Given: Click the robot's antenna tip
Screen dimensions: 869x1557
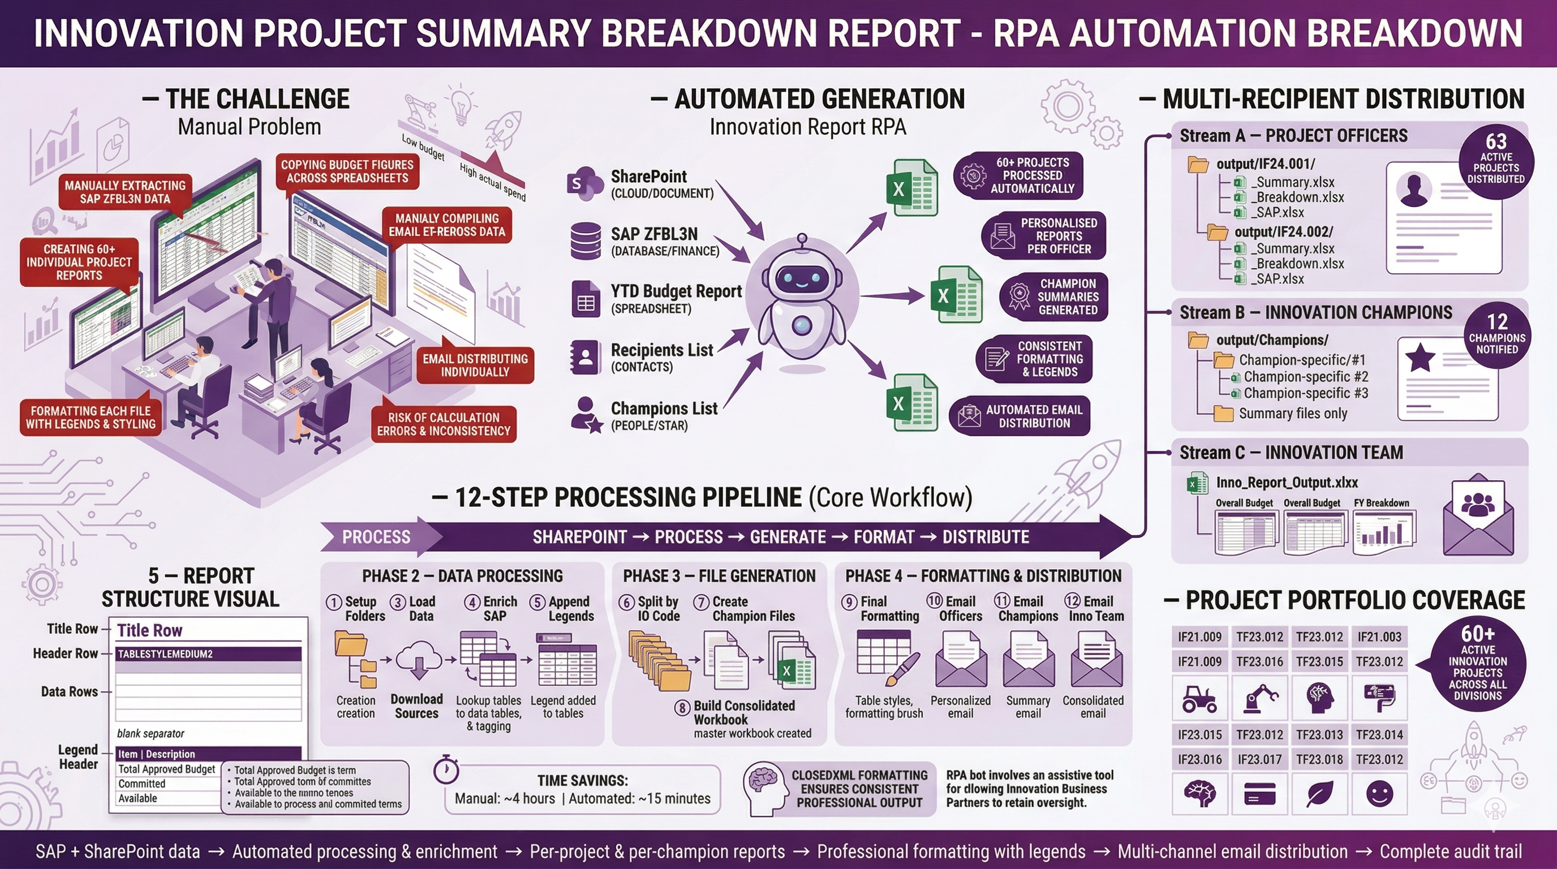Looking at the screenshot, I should [802, 238].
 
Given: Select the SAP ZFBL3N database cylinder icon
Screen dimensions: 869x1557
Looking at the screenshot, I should [585, 241].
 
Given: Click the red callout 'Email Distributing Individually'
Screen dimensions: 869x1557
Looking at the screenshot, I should [475, 365].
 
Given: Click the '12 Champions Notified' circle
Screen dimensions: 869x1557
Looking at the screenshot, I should [1496, 334].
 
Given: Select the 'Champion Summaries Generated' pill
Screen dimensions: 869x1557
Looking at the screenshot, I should [1053, 296].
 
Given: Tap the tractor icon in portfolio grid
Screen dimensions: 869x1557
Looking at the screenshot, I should [1199, 699].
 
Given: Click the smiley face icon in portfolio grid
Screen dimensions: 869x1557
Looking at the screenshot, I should [1379, 793].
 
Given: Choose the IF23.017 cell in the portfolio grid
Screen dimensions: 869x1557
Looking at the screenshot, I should [1259, 759].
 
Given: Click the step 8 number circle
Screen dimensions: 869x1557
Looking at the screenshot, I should [682, 707].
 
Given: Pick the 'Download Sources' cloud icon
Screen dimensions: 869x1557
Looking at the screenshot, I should [418, 660].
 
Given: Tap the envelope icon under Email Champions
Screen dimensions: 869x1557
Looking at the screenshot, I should [1027, 660].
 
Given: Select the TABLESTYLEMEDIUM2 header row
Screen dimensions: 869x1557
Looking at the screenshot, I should [209, 654].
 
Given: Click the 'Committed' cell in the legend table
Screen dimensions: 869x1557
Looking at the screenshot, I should [142, 784].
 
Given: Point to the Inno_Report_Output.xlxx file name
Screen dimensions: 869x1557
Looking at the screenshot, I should [1286, 483].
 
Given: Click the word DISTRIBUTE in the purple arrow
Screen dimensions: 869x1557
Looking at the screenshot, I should [985, 537].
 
